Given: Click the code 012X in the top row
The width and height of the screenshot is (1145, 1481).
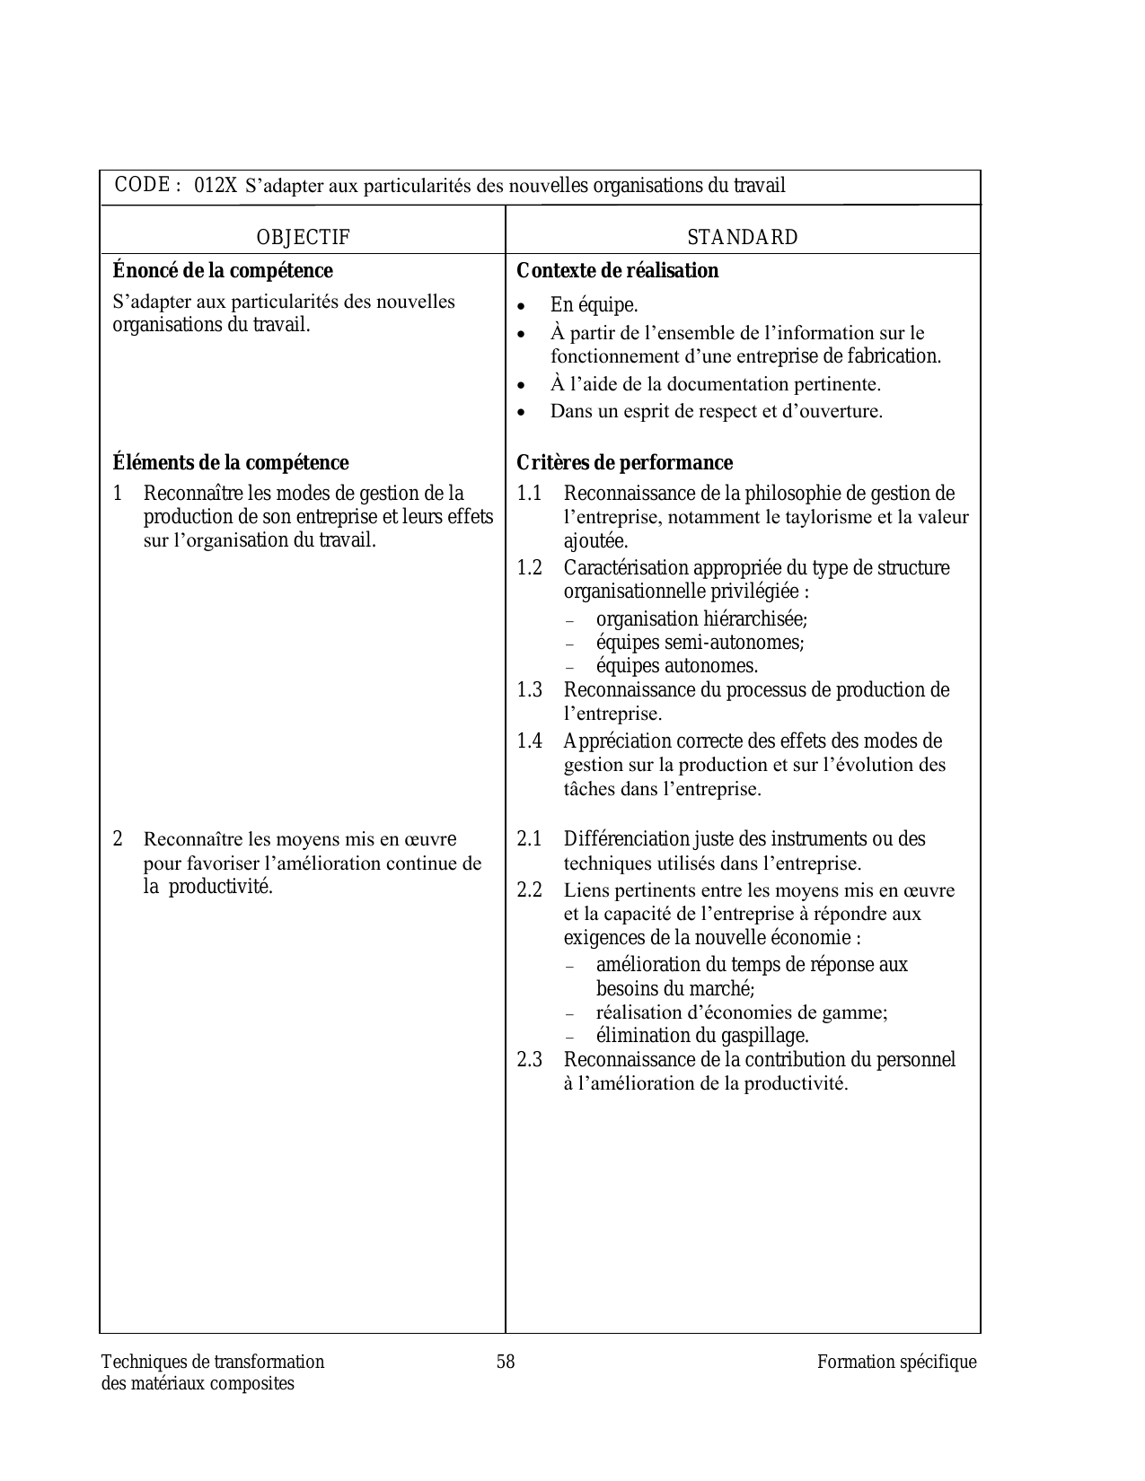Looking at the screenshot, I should pos(216,186).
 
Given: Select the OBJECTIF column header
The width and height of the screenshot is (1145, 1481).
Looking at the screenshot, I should pos(303,238).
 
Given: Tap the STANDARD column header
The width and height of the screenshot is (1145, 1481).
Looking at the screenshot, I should pos(742,238).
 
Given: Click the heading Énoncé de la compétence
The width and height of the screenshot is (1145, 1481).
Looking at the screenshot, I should pos(222,271).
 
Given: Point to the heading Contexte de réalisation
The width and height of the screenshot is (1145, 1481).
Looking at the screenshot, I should pos(617,271).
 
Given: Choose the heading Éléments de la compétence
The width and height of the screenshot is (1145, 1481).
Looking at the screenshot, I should pos(230,463).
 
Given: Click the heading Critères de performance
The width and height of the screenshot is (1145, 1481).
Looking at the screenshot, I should pos(624,463).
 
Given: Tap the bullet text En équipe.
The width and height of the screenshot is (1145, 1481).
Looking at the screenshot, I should pos(594,305).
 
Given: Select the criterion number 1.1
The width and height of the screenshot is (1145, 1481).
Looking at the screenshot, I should pos(530,494).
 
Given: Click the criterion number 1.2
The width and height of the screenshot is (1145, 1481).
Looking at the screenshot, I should pos(530,568).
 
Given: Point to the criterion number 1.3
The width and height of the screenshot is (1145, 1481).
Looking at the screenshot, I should pos(530,690).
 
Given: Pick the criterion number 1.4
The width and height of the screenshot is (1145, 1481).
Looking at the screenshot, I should pos(530,741).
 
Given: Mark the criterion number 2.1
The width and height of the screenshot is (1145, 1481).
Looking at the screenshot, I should pos(530,839).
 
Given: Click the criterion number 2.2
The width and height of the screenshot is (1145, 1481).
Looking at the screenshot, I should pos(530,890).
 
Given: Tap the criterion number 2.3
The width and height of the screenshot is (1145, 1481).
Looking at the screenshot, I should pos(530,1060).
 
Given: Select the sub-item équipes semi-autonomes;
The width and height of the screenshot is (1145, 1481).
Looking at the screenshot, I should pos(700,643).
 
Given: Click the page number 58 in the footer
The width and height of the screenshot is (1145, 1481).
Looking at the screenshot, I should pos(506,1363).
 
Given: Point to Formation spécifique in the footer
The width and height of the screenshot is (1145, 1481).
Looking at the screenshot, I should pos(896,1363).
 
